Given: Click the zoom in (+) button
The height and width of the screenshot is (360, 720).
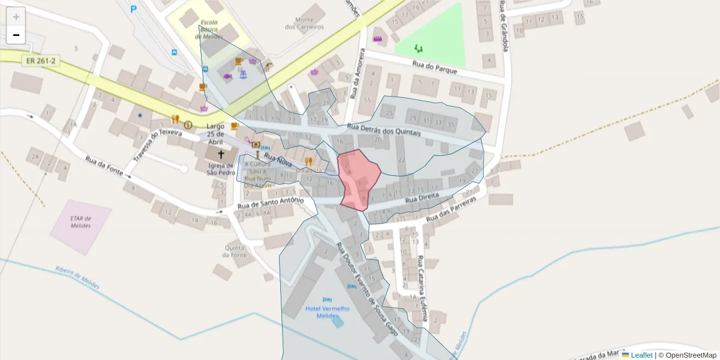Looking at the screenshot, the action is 16,17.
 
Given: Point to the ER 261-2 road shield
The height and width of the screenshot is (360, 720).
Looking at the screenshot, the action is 40,61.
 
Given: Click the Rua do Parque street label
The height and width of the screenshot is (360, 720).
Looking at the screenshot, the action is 435,67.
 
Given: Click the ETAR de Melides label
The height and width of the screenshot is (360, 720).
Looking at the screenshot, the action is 80,222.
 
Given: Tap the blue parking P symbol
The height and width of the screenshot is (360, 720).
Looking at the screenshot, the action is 133,9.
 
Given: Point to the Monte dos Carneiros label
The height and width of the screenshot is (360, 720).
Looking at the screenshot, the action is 304,23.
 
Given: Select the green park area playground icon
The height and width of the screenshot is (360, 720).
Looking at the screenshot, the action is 418,48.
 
